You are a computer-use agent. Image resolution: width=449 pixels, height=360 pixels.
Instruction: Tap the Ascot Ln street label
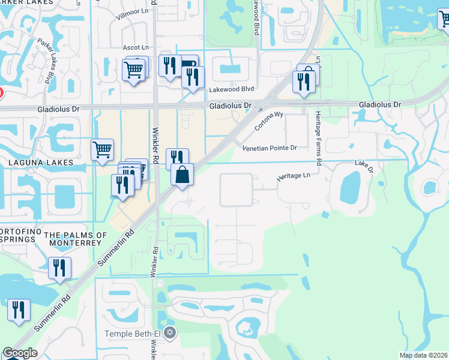click(x=135, y=47)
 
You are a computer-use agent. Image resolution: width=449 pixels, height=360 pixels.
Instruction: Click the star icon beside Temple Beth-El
click(x=170, y=332)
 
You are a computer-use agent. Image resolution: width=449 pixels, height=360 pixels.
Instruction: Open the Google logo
click(x=20, y=353)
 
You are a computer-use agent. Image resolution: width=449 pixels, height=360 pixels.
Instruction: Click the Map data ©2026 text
click(x=423, y=355)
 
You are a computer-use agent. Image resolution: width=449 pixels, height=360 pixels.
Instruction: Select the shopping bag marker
click(x=182, y=175)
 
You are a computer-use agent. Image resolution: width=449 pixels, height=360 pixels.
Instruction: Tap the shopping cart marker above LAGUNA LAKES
click(x=103, y=149)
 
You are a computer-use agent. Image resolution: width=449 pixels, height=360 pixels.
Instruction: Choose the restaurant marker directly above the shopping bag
click(x=177, y=158)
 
